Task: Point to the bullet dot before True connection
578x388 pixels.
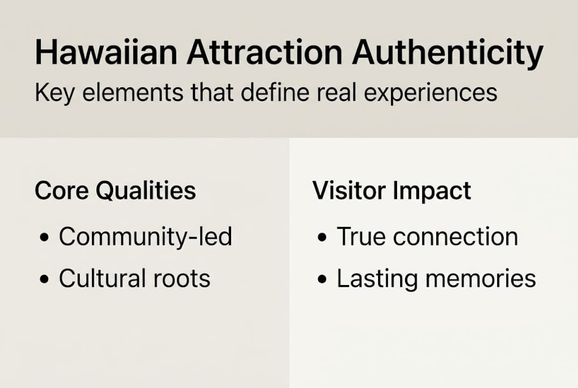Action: pyautogui.click(x=322, y=238)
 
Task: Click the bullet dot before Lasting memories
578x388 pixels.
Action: pyautogui.click(x=322, y=279)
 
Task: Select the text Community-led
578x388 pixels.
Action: pyautogui.click(x=145, y=237)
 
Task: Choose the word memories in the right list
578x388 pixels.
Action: pyautogui.click(x=479, y=279)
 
